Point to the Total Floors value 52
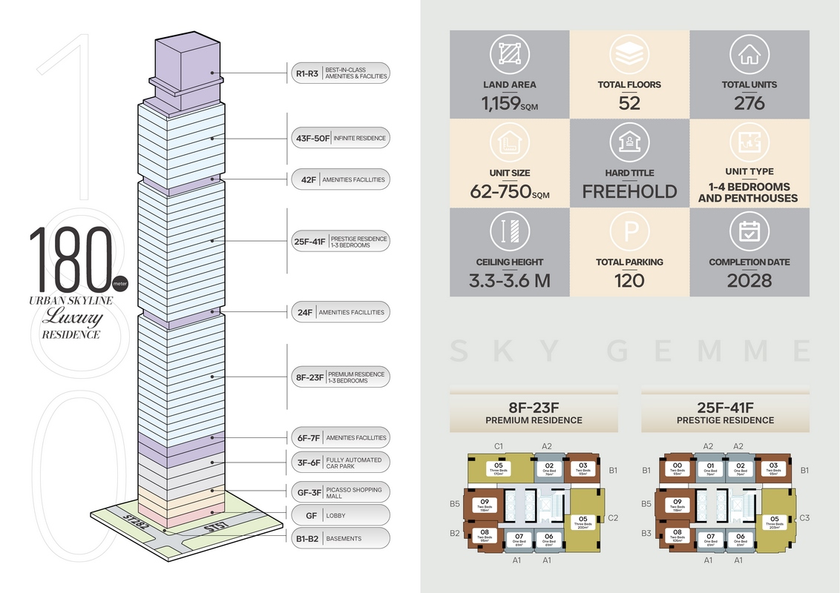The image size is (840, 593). click(629, 103)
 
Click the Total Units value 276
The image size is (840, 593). click(749, 103)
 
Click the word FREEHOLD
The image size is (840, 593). click(629, 191)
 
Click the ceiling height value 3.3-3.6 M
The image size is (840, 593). click(509, 281)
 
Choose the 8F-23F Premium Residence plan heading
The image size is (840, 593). click(534, 413)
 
